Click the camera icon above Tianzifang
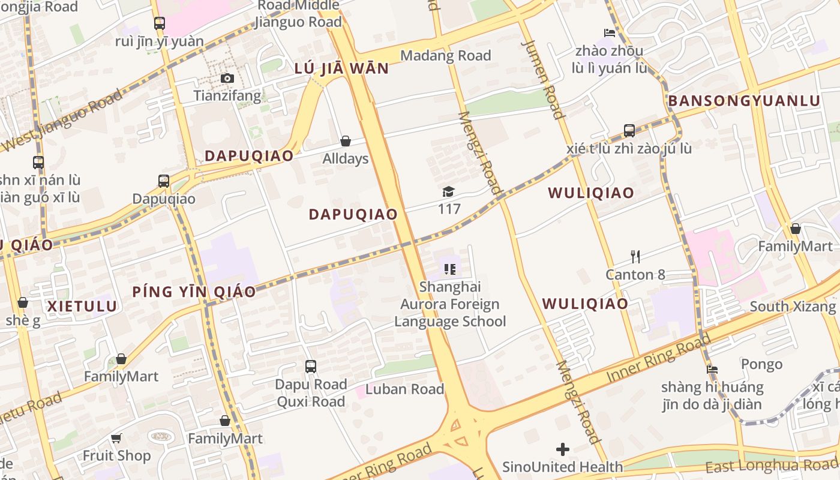click(x=227, y=78)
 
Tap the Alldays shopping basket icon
click(x=346, y=141)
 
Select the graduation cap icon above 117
click(x=449, y=191)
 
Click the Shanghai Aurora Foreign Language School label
click(x=450, y=304)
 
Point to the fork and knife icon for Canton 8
click(x=635, y=257)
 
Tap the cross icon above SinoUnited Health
click(x=563, y=449)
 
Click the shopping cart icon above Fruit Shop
click(x=116, y=438)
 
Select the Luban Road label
click(x=404, y=389)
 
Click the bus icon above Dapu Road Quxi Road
click(x=311, y=366)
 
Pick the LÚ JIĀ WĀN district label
click(x=341, y=68)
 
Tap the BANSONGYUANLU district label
click(x=744, y=101)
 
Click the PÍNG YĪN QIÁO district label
click(x=194, y=292)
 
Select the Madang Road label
click(x=445, y=56)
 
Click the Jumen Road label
click(x=543, y=79)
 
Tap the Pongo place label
click(x=761, y=364)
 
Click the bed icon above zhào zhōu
click(x=610, y=32)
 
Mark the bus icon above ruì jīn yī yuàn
click(x=159, y=23)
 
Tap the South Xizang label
click(x=793, y=307)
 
